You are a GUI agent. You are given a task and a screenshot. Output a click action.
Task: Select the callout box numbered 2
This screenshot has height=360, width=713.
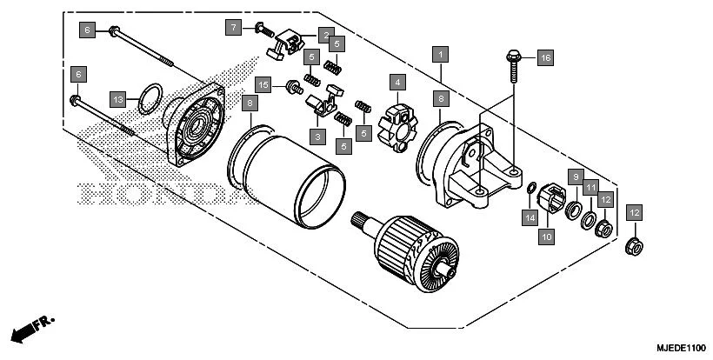324,35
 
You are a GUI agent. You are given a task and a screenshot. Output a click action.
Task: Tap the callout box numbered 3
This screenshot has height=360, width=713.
318,137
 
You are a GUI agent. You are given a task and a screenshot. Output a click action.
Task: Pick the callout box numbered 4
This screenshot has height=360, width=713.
397,83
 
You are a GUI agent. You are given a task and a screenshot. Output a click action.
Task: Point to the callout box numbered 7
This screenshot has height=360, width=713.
233,28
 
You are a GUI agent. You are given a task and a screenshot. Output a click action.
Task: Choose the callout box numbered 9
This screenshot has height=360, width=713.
575,177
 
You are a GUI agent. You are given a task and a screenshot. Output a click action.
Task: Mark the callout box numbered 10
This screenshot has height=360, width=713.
547,236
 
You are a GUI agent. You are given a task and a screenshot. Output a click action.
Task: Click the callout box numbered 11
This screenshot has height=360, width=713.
590,187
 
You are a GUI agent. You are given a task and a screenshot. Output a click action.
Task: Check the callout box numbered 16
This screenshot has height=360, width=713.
545,57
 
